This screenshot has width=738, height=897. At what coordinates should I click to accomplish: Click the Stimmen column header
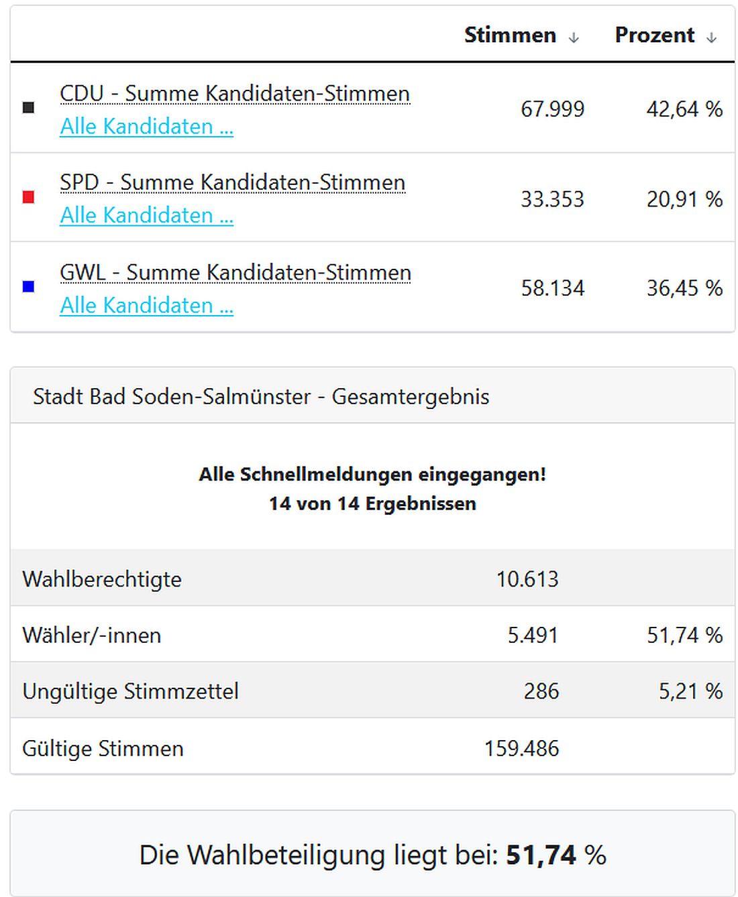point(510,35)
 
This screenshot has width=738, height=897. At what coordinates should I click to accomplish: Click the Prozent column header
point(654,35)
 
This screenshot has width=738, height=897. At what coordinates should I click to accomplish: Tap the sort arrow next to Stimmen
point(574,38)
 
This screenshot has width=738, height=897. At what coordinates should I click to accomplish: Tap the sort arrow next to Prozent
point(711,38)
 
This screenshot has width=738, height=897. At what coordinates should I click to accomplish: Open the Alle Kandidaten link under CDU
point(146,127)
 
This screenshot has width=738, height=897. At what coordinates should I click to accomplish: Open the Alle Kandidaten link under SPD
point(146,216)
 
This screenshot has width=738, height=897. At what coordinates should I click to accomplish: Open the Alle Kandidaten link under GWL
point(146,306)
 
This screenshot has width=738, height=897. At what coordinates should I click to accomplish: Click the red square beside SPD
point(28,197)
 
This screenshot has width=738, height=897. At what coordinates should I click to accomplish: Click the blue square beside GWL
point(28,287)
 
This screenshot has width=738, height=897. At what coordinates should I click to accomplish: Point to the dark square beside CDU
point(28,108)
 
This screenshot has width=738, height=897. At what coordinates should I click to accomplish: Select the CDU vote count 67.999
point(552,109)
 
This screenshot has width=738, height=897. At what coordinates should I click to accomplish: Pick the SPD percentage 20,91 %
point(684,199)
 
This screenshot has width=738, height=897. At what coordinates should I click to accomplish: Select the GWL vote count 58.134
point(552,288)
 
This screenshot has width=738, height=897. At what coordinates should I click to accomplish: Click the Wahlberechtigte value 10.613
point(527,579)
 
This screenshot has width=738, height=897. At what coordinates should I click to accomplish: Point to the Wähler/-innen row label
point(92,636)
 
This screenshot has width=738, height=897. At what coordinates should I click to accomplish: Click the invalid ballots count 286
point(541,692)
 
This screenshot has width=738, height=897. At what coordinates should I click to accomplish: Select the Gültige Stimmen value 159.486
point(521,749)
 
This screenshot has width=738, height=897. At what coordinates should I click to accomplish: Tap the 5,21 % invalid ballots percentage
point(690,692)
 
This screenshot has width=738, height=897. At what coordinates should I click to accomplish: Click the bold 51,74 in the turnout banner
point(541,855)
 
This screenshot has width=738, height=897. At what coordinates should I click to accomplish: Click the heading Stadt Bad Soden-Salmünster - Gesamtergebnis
point(261,396)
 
